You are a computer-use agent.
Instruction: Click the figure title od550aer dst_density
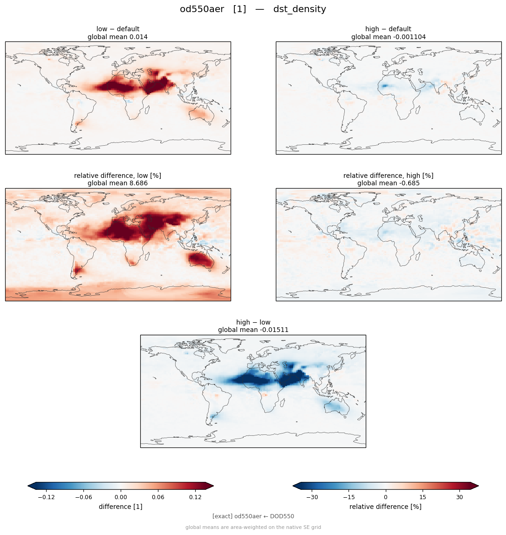253,9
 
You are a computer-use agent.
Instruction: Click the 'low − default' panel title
118,29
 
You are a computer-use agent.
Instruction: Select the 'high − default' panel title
388,29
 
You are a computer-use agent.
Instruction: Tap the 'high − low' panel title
253,322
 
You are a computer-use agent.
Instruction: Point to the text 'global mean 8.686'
117,183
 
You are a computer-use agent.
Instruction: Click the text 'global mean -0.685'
388,183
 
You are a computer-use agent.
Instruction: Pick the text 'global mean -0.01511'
253,330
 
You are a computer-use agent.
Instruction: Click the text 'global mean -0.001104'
388,37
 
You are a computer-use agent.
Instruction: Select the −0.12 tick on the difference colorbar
46,497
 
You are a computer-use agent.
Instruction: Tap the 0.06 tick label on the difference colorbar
158,497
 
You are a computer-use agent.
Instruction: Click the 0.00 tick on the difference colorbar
121,497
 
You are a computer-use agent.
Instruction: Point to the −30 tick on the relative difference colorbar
312,497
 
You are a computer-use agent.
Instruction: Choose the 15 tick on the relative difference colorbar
423,497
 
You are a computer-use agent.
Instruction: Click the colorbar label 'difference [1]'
121,507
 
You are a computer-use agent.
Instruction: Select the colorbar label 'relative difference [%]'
385,507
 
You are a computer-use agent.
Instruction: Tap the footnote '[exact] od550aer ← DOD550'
253,516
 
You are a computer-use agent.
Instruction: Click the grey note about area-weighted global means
253,528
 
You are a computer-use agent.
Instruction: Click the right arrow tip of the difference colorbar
213,486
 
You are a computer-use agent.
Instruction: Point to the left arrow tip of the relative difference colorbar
293,486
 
